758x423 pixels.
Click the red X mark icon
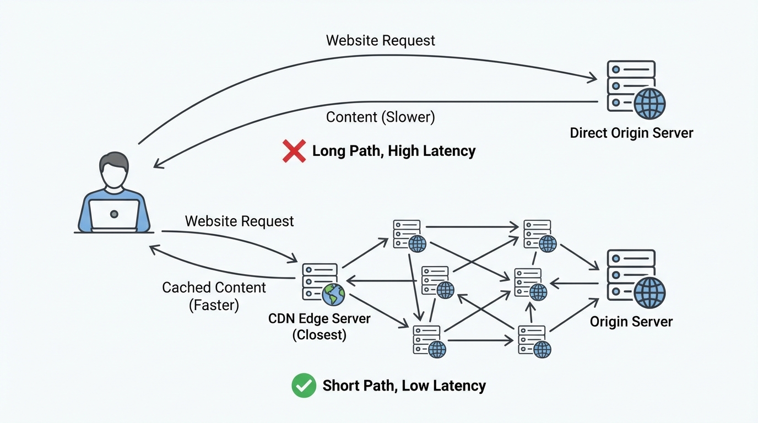(x=294, y=151)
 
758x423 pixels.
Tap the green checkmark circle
(x=304, y=386)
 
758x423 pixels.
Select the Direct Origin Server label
(x=631, y=133)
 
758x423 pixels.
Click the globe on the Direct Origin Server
(x=649, y=104)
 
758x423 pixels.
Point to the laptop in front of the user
(x=114, y=215)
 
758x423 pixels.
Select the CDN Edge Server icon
(x=322, y=284)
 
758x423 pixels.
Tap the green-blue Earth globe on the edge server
(x=333, y=295)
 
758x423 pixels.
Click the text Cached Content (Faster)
(x=214, y=296)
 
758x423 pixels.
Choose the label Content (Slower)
(x=380, y=117)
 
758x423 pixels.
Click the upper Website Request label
(x=380, y=41)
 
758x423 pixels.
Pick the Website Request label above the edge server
(x=239, y=221)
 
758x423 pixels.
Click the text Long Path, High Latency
(x=393, y=151)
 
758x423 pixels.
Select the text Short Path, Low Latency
(x=404, y=386)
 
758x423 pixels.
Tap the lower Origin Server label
(x=631, y=322)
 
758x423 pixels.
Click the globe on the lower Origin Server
(x=649, y=292)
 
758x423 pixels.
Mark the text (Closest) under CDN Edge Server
(x=319, y=335)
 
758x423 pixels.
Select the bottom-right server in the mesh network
(x=534, y=341)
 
